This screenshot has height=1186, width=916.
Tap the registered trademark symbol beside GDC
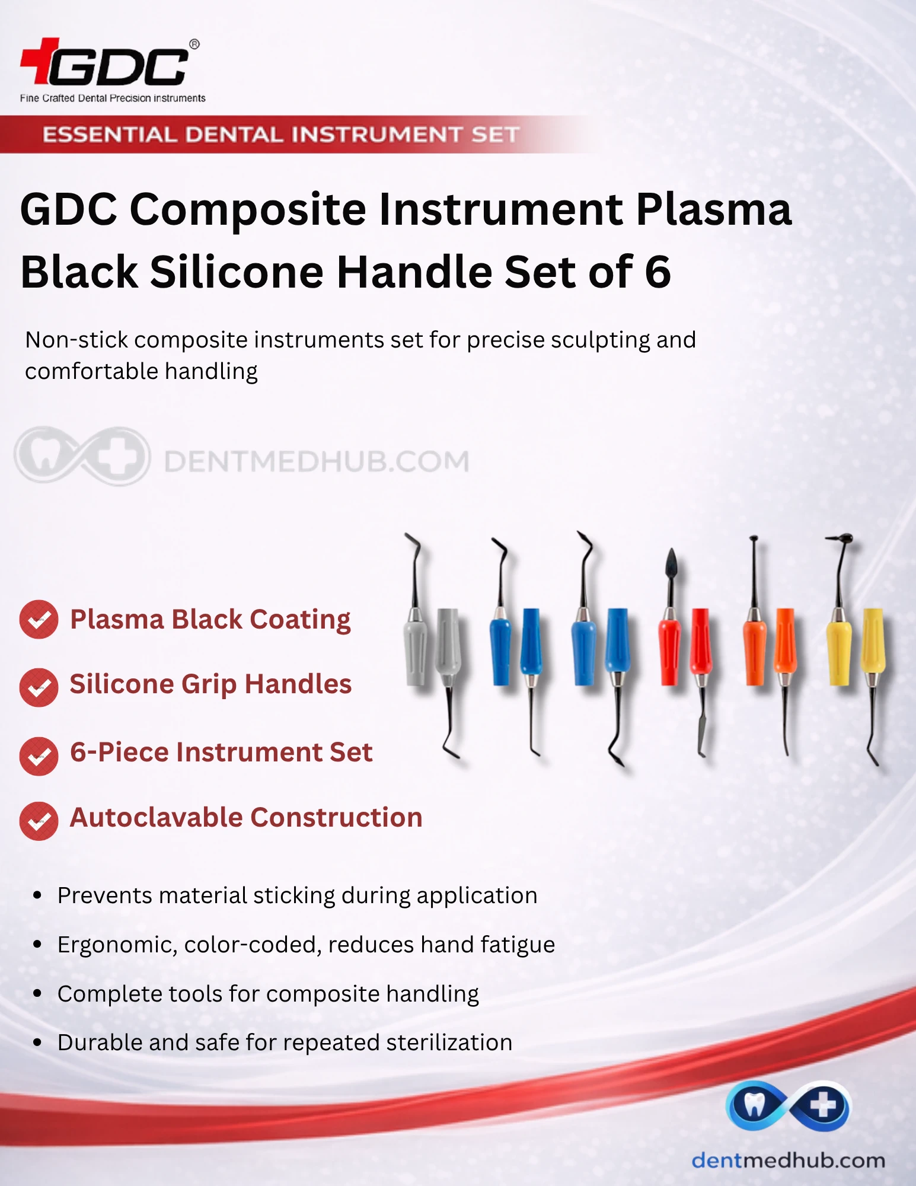pos(194,44)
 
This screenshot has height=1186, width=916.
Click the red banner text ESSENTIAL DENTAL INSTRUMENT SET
pos(281,135)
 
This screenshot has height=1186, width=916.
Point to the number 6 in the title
pos(658,272)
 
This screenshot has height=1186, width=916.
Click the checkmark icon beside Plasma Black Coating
pos(39,620)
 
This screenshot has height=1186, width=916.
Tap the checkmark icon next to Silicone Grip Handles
pos(39,687)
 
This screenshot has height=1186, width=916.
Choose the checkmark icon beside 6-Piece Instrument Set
pos(39,756)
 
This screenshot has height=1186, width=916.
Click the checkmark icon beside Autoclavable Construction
pos(39,821)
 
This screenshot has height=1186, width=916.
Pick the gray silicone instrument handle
pos(433,646)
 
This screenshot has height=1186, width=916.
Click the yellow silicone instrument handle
pos(856,646)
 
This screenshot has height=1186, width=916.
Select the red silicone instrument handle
pos(685,646)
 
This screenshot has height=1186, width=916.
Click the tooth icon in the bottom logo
pos(754,1105)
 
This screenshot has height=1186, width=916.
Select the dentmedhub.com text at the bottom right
pos(788,1160)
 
